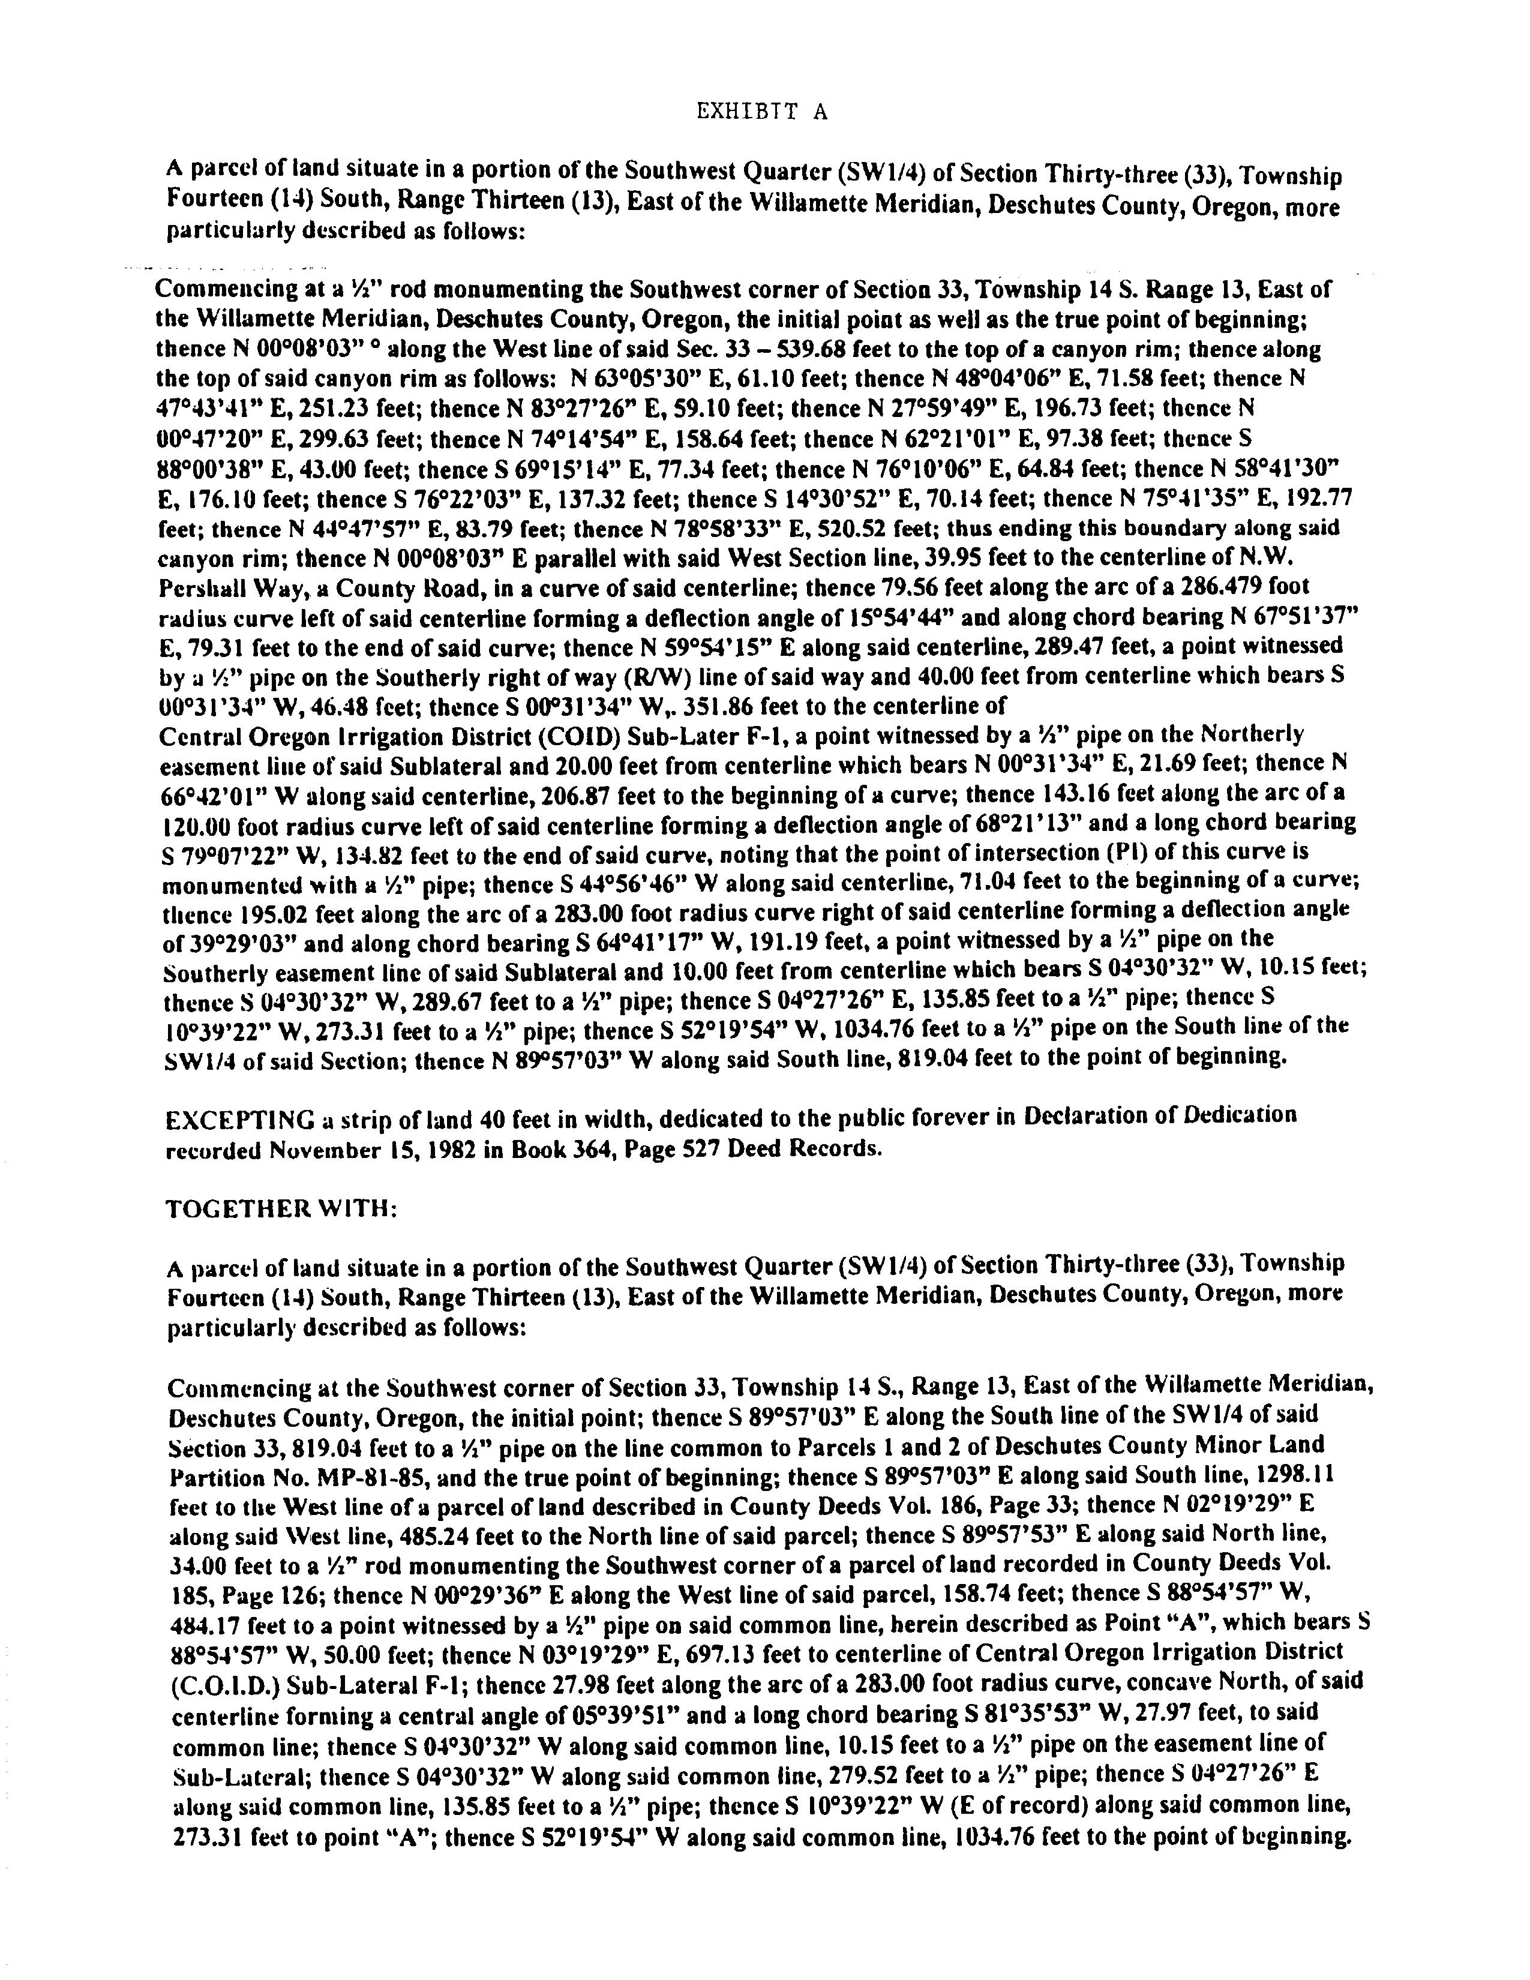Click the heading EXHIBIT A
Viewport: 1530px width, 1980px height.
761,112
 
